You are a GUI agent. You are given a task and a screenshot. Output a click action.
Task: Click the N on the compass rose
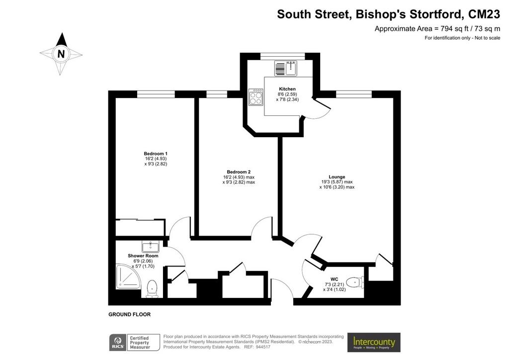click(61, 54)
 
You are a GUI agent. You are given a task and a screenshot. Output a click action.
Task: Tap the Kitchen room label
click(287, 89)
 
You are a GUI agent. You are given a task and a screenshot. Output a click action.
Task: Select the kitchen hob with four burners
click(256, 97)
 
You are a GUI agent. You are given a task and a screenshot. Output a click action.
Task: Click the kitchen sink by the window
click(286, 68)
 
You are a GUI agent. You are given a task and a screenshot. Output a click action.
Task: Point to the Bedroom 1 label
click(156, 154)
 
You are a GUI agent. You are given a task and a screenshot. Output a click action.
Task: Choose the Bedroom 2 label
click(239, 172)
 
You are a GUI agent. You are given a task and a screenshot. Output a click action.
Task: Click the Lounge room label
click(337, 177)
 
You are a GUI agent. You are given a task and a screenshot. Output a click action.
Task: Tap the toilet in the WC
click(355, 282)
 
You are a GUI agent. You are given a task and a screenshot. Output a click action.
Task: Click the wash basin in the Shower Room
click(151, 247)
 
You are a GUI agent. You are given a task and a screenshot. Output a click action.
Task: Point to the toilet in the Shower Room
click(152, 288)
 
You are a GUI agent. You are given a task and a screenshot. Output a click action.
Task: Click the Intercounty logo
click(374, 342)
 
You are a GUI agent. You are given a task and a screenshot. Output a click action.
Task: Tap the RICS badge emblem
click(118, 342)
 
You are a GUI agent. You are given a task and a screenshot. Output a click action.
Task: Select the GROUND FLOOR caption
click(130, 314)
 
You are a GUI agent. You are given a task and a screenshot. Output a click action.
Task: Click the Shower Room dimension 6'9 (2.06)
click(143, 261)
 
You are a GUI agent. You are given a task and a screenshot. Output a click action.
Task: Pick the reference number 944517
click(263, 347)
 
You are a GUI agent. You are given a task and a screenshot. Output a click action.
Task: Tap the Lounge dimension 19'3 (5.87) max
click(337, 182)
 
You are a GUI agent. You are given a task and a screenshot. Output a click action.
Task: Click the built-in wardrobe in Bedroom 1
click(140, 227)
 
